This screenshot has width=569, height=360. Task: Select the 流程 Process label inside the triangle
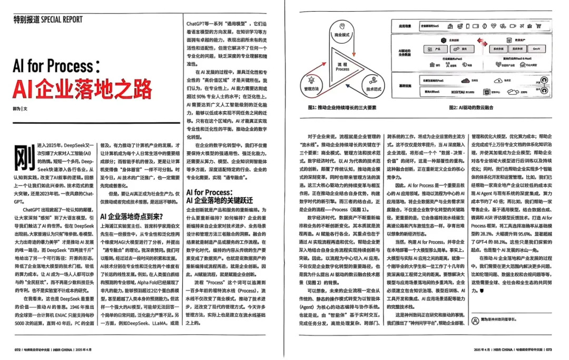[x=342, y=66]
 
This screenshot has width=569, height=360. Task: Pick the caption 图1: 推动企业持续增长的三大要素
[x=342, y=108]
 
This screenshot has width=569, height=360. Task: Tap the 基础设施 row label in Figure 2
[x=405, y=85]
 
